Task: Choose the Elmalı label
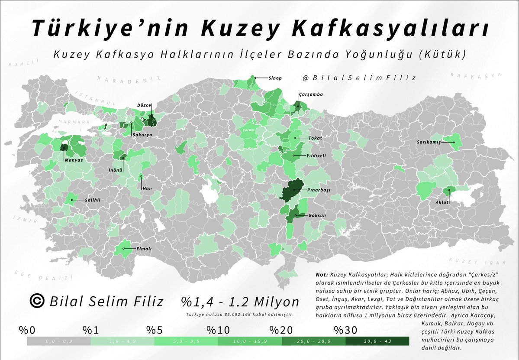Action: (x=144, y=249)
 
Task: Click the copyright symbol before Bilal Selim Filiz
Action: (x=38, y=301)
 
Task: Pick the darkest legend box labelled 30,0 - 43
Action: (x=377, y=341)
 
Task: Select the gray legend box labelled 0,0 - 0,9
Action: (x=58, y=341)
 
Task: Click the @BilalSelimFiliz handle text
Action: (x=359, y=78)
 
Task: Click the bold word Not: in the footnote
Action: (x=322, y=275)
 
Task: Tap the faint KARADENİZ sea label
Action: (x=129, y=79)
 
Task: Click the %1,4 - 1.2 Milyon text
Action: (x=240, y=302)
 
